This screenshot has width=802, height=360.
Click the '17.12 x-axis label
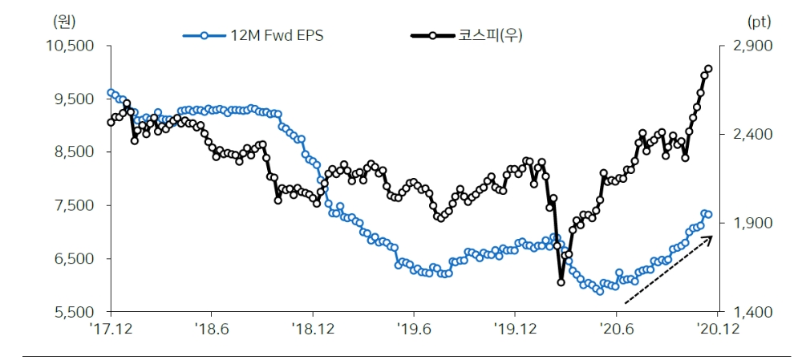[x=111, y=328]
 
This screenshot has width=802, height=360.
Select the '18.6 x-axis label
[x=210, y=328]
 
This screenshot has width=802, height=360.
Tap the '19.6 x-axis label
[x=412, y=328]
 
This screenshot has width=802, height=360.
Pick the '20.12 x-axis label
[x=716, y=328]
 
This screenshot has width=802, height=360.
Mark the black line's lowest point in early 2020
[x=561, y=281]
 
